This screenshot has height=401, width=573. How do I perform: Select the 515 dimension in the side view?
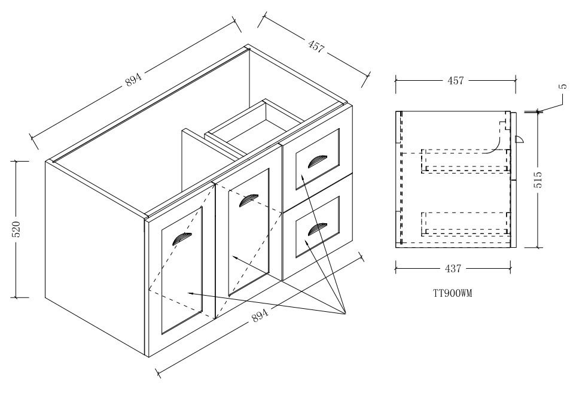pos(538,180)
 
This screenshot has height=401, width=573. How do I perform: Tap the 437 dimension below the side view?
pos(453,269)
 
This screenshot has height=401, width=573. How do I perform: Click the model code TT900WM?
pos(452,293)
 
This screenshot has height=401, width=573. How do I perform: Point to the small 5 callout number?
pos(563,87)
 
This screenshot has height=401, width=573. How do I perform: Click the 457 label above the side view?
pos(456,80)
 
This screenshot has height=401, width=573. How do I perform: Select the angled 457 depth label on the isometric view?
pos(316,47)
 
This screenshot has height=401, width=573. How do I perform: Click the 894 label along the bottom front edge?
pos(260,315)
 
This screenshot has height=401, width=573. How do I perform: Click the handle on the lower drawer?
pos(317,229)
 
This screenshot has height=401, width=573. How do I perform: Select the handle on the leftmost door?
pos(182,239)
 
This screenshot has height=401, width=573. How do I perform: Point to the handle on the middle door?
pos(248,200)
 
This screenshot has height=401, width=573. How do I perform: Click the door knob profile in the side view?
pos(519,139)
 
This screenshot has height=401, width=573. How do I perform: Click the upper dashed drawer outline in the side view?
pos(465,160)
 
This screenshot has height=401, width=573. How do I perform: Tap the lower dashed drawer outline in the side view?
pos(465,223)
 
